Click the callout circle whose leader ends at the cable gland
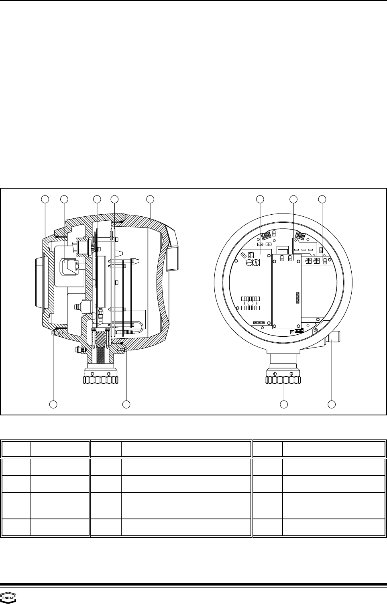[332, 405]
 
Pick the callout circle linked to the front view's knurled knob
[284, 405]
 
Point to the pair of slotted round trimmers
[253, 262]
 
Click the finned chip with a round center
[251, 303]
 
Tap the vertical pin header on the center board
[298, 298]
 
